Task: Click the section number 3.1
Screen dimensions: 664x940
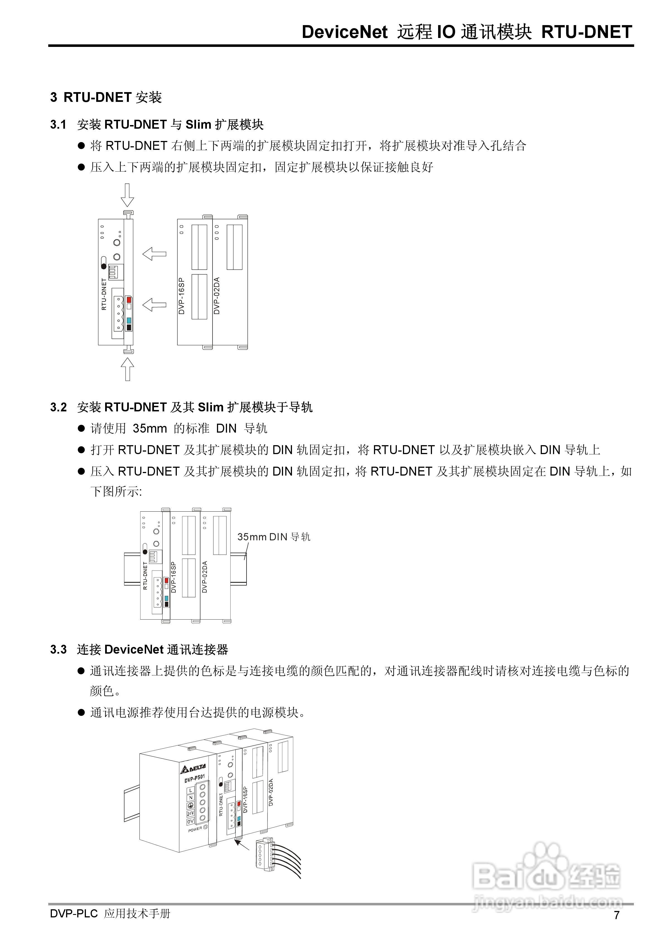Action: coord(58,125)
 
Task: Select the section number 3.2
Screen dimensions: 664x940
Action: coord(58,407)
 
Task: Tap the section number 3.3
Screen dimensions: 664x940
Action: coord(58,650)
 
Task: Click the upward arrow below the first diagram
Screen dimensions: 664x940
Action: coord(128,369)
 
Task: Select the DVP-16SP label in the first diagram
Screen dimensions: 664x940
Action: coord(182,296)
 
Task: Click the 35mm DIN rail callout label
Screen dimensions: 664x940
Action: coord(274,537)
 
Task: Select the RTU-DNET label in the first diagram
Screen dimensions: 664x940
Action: coord(104,294)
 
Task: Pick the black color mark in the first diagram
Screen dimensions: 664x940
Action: coord(129,328)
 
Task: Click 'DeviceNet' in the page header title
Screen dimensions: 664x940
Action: coord(344,32)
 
